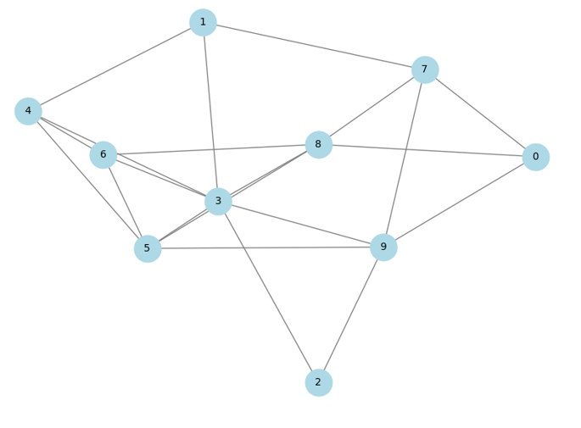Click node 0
pyautogui.click(x=535, y=157)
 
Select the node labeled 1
pyautogui.click(x=203, y=22)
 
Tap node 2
pyautogui.click(x=318, y=382)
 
